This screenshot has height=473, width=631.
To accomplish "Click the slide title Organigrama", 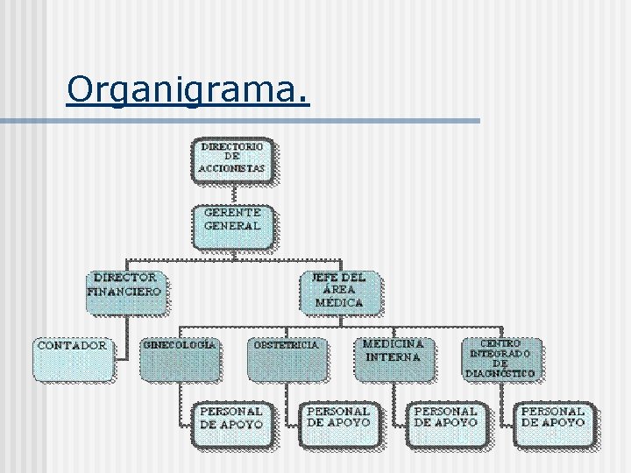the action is (188, 88).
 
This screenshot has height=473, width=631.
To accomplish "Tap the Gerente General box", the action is (232, 226).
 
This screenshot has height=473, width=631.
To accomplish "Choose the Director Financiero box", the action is (125, 292).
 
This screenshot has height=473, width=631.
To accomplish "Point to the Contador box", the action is (73, 358).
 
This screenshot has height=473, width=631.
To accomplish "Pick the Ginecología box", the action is (180, 358).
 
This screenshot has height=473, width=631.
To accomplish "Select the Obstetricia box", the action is (287, 358).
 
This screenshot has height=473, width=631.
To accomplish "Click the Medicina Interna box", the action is (393, 358).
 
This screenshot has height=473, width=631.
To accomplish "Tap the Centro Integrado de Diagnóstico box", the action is (500, 358).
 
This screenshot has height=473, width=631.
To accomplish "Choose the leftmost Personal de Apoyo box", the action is (231, 424).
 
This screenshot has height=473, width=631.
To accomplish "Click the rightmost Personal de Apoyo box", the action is (553, 424).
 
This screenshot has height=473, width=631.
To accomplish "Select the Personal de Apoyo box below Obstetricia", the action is (338, 424).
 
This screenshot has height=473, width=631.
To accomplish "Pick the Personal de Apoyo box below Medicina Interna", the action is (445, 424).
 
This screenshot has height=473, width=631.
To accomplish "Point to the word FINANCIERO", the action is (125, 291).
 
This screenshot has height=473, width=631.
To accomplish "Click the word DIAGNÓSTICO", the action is (500, 373).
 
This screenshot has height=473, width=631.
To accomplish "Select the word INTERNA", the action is (393, 357).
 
